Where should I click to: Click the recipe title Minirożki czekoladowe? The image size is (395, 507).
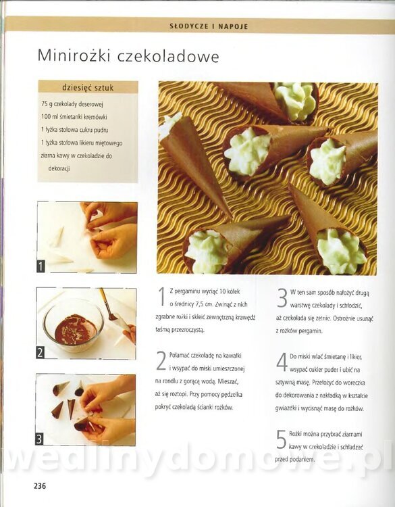click(128, 56)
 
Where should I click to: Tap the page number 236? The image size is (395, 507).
click(40, 485)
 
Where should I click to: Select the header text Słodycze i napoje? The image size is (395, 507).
click(209, 26)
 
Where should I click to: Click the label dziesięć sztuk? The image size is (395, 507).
click(88, 88)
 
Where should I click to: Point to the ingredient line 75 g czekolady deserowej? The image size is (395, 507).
click(72, 104)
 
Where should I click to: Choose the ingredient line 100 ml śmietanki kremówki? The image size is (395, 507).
click(74, 117)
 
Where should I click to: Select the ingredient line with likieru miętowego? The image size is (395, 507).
click(82, 143)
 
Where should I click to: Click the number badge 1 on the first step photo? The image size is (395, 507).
click(41, 266)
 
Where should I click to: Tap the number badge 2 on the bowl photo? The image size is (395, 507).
click(40, 352)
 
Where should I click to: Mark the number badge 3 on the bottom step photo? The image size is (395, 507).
click(39, 439)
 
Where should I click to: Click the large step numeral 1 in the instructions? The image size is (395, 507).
click(162, 297)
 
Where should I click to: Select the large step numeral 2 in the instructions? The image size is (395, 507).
click(161, 360)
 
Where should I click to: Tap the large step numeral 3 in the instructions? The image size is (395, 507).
click(282, 298)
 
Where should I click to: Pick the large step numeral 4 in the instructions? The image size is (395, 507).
click(282, 362)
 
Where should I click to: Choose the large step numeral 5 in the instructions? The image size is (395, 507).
click(281, 439)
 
